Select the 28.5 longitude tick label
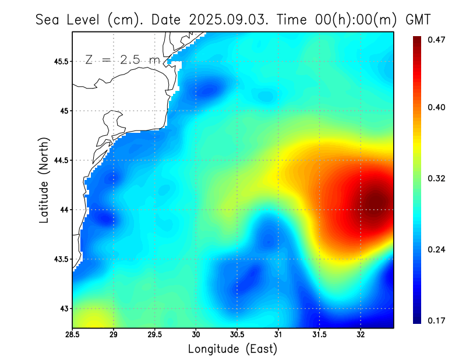pyautogui.click(x=72, y=335)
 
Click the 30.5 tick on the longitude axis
pyautogui.click(x=237, y=335)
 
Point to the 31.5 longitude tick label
pyautogui.click(x=319, y=335)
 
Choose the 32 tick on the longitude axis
pyautogui.click(x=361, y=335)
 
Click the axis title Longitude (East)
pyautogui.click(x=232, y=349)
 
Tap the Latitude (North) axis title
pyautogui.click(x=44, y=180)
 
